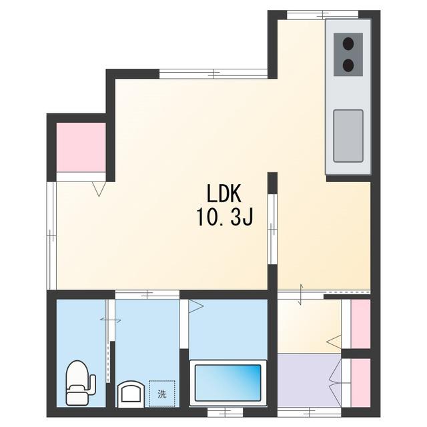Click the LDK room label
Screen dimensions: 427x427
[x=224, y=193]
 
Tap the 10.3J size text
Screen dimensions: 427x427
[x=225, y=217]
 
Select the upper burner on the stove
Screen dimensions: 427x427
[x=348, y=43]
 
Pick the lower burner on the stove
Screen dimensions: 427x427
[x=348, y=65]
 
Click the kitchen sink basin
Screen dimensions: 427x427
[x=348, y=135]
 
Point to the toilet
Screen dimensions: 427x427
[x=81, y=383]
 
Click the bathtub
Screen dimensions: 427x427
[x=228, y=383]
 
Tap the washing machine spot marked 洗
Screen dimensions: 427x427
[x=162, y=394]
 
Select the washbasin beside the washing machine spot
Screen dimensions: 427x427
[x=131, y=394]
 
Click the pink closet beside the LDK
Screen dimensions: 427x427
[x=81, y=147]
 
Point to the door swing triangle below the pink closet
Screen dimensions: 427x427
[x=99, y=189]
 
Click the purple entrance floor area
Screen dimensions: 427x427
[x=309, y=381]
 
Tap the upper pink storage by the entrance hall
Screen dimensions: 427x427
[x=360, y=324]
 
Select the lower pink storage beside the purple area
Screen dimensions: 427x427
[x=360, y=383]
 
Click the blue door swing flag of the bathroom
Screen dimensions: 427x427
[x=195, y=306]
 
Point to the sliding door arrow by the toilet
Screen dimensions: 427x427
[x=111, y=320]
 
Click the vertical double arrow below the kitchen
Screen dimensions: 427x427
[x=301, y=294]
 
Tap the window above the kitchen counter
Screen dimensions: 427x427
[x=323, y=14]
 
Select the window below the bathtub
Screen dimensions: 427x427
[x=226, y=412]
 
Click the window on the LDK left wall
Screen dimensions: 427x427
[x=51, y=236]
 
